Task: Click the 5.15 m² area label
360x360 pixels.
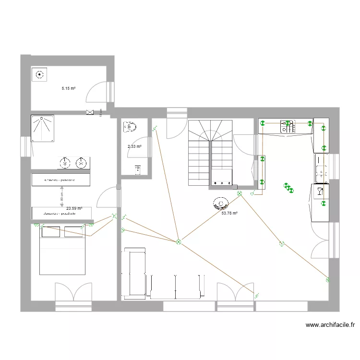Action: [69, 88]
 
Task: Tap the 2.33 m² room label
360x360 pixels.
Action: [134, 146]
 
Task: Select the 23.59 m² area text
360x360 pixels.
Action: [74, 208]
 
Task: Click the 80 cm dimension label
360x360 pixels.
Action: [62, 197]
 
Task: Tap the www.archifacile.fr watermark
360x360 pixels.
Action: [330, 325]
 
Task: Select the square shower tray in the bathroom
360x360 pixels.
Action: [42, 128]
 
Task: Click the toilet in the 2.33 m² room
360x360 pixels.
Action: [129, 126]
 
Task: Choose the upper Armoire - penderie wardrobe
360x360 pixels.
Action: [60, 180]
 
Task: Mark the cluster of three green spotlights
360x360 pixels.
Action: [288, 188]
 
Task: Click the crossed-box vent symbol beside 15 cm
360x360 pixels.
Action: [90, 112]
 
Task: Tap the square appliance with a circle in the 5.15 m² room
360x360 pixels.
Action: [39, 74]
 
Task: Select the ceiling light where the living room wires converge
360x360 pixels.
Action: [178, 242]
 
